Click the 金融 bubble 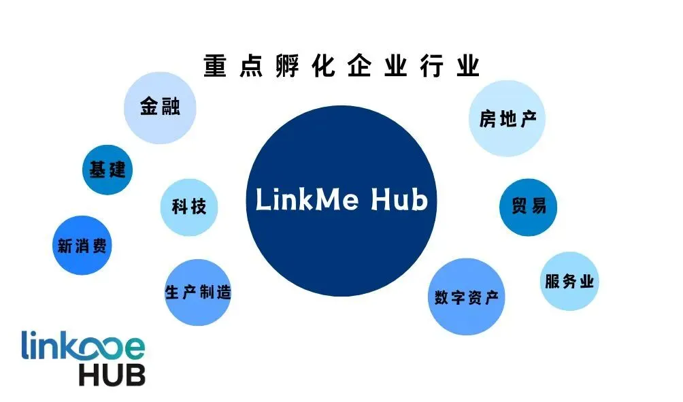(x=159, y=107)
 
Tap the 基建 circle (x=107, y=169)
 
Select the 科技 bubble (x=189, y=206)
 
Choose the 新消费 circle (x=82, y=246)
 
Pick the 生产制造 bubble (x=198, y=292)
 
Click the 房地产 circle (x=507, y=120)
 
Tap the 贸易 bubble (x=528, y=206)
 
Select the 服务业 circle (x=569, y=282)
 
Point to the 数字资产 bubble (x=467, y=297)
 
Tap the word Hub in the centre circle (x=399, y=201)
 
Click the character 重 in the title (x=216, y=67)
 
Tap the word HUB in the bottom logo (x=112, y=373)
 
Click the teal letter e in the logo (x=133, y=347)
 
